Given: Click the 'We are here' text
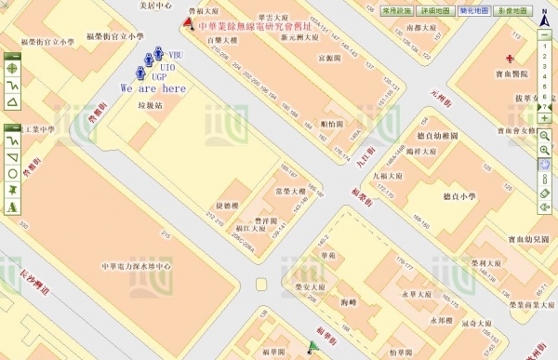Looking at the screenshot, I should [x=153, y=88].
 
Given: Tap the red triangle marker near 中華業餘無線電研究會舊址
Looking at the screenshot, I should [x=190, y=23].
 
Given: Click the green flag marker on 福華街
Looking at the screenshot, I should [x=314, y=349].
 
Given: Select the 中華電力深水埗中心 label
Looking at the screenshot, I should [x=139, y=266].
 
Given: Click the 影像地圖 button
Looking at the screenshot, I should [x=512, y=9].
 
